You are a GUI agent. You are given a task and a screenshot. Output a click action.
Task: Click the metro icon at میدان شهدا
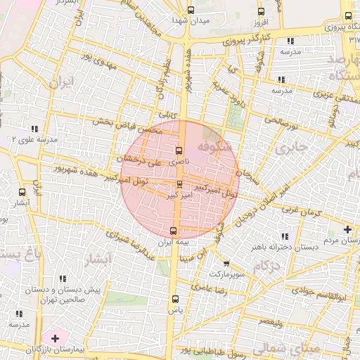[191, 10]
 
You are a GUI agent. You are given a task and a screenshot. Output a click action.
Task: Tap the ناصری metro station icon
[179, 150]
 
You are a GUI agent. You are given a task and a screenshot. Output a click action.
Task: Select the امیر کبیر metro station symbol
[179, 185]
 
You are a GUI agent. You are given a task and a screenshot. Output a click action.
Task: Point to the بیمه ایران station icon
[174, 231]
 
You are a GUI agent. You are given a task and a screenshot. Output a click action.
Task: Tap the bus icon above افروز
[261, 11]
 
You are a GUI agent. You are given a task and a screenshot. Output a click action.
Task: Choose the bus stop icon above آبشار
[22, 191]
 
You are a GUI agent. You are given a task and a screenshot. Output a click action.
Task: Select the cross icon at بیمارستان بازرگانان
[55, 339]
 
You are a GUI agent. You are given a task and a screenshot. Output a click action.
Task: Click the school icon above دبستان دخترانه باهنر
[284, 236]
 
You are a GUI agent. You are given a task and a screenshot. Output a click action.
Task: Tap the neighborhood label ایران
[61, 82]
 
